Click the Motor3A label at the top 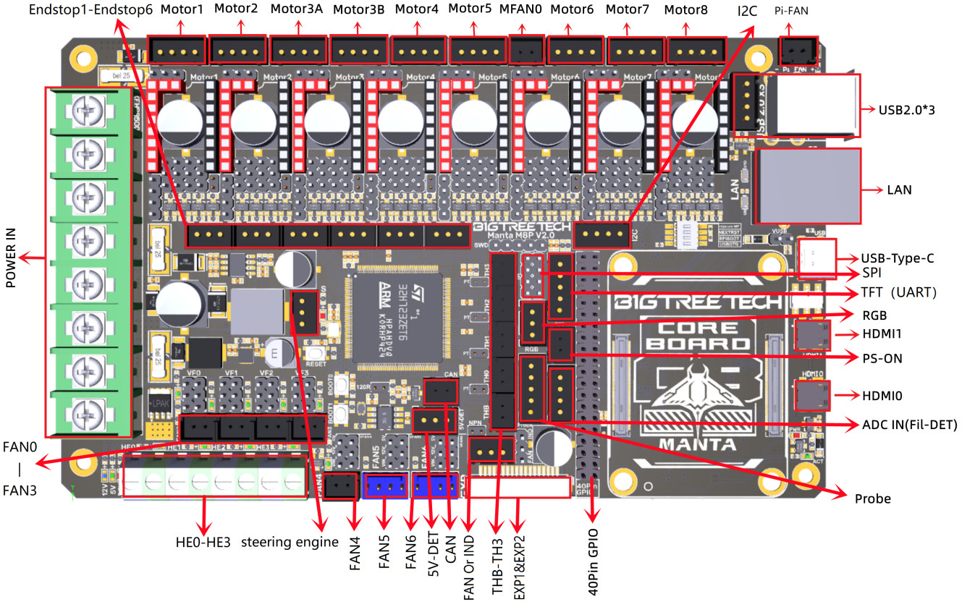[297, 10]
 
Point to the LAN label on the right [899, 190]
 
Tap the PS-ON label [881, 358]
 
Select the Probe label [872, 498]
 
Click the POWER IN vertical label [11, 258]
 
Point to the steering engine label [290, 542]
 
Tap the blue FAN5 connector [384, 487]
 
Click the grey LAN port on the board [808, 186]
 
